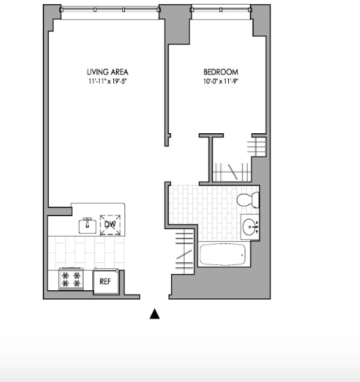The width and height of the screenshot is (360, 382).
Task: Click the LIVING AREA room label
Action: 107,72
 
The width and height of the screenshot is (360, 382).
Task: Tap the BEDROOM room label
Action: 221,72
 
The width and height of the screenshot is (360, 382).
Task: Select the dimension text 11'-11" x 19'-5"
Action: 107,81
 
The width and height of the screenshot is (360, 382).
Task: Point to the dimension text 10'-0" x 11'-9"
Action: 221,81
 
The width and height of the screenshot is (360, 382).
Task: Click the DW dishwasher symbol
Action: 110,225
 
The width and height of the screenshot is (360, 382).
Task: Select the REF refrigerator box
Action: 106,281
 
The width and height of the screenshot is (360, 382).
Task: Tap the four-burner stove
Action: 71,279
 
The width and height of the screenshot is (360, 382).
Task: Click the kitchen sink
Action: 87,226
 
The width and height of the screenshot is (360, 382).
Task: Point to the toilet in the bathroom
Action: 248,200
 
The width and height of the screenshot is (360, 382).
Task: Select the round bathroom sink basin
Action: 249,227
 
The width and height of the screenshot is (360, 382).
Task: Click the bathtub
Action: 223,254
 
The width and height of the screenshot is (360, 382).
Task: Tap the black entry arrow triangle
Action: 155,313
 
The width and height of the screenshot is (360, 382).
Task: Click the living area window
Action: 110,10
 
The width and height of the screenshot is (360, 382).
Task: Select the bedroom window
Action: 221,10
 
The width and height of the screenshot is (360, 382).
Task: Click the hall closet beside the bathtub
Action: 184,251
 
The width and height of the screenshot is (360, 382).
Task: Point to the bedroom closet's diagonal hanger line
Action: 233,172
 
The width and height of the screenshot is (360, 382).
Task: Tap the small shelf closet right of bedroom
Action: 257,147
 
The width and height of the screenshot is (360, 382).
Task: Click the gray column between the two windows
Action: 175,24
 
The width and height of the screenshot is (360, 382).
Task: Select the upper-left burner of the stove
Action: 65,275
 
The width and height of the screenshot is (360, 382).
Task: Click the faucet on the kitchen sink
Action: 87,222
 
